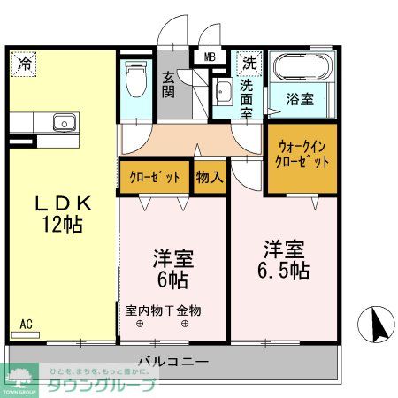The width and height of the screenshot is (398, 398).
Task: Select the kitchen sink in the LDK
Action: (61, 122)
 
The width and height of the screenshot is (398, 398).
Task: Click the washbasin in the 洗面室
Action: (221, 92)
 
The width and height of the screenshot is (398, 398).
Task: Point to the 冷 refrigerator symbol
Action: (25, 63)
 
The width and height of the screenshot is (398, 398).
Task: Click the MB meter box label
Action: (210, 57)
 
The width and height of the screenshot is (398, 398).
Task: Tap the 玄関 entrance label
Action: (168, 83)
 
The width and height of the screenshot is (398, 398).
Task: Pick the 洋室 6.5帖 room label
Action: (284, 256)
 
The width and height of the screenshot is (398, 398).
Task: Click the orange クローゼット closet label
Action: (155, 177)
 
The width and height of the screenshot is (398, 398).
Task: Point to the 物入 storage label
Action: (209, 177)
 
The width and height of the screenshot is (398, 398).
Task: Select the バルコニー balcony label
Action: (173, 362)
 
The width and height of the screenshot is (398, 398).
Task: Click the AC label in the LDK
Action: (27, 325)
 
